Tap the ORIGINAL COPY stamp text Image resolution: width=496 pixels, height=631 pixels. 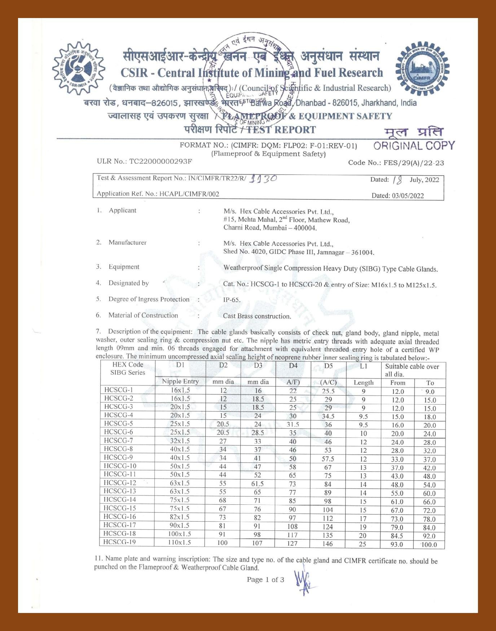pos(414,146)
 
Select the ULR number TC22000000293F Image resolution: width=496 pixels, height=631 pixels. pos(161,161)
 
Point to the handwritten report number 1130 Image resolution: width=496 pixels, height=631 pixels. pos(263,178)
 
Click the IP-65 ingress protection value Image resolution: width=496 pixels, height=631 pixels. pos(232,300)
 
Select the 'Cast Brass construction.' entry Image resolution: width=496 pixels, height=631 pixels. pos(257,316)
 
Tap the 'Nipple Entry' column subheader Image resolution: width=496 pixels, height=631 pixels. pos(180,381)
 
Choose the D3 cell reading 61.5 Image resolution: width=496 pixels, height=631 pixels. pos(258,484)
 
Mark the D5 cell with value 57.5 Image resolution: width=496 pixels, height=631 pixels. pos(328,459)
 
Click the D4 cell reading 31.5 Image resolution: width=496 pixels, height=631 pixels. pos(293,425)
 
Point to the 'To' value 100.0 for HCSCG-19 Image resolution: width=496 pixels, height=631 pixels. pos(429,544)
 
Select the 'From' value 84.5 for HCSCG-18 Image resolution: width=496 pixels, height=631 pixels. pos(397,536)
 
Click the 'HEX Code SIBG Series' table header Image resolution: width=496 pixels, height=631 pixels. pos(128,369)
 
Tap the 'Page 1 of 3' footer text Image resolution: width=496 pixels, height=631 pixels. pos(265,580)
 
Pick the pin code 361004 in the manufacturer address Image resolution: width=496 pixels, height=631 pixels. pos(362,252)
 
